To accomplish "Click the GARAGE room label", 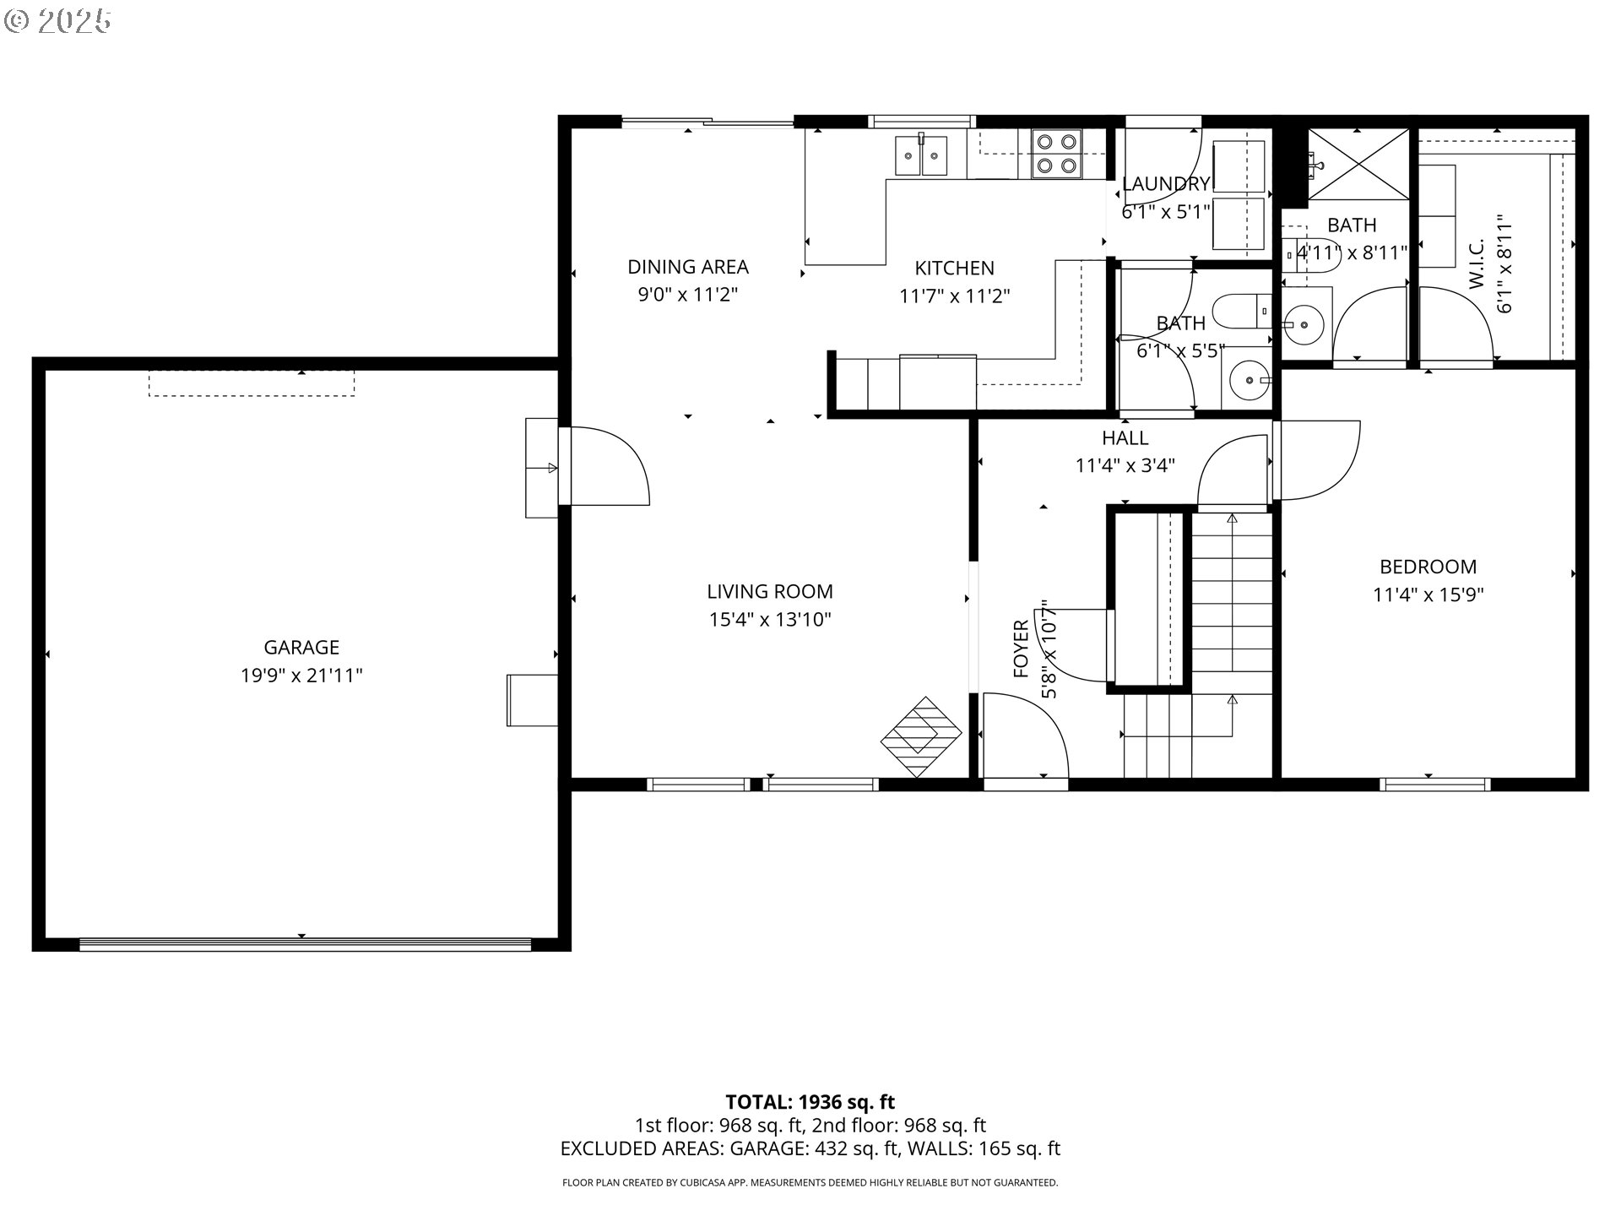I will [301, 648].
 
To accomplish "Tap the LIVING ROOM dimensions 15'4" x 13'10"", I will [770, 620].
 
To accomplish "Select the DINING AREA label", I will [687, 267].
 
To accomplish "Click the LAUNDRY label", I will [1166, 183].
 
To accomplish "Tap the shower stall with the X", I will [1358, 165].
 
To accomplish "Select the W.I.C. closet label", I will [1477, 263].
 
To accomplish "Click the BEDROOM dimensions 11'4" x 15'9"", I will [1428, 594].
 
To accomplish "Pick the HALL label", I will [1125, 437].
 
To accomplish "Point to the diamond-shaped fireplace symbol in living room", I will [921, 736].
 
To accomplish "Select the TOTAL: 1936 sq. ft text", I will [810, 1101].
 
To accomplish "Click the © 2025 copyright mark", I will [57, 21].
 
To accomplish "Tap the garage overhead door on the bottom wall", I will [305, 944].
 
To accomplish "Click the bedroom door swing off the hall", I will [1317, 460].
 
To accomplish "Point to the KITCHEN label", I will [954, 268].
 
